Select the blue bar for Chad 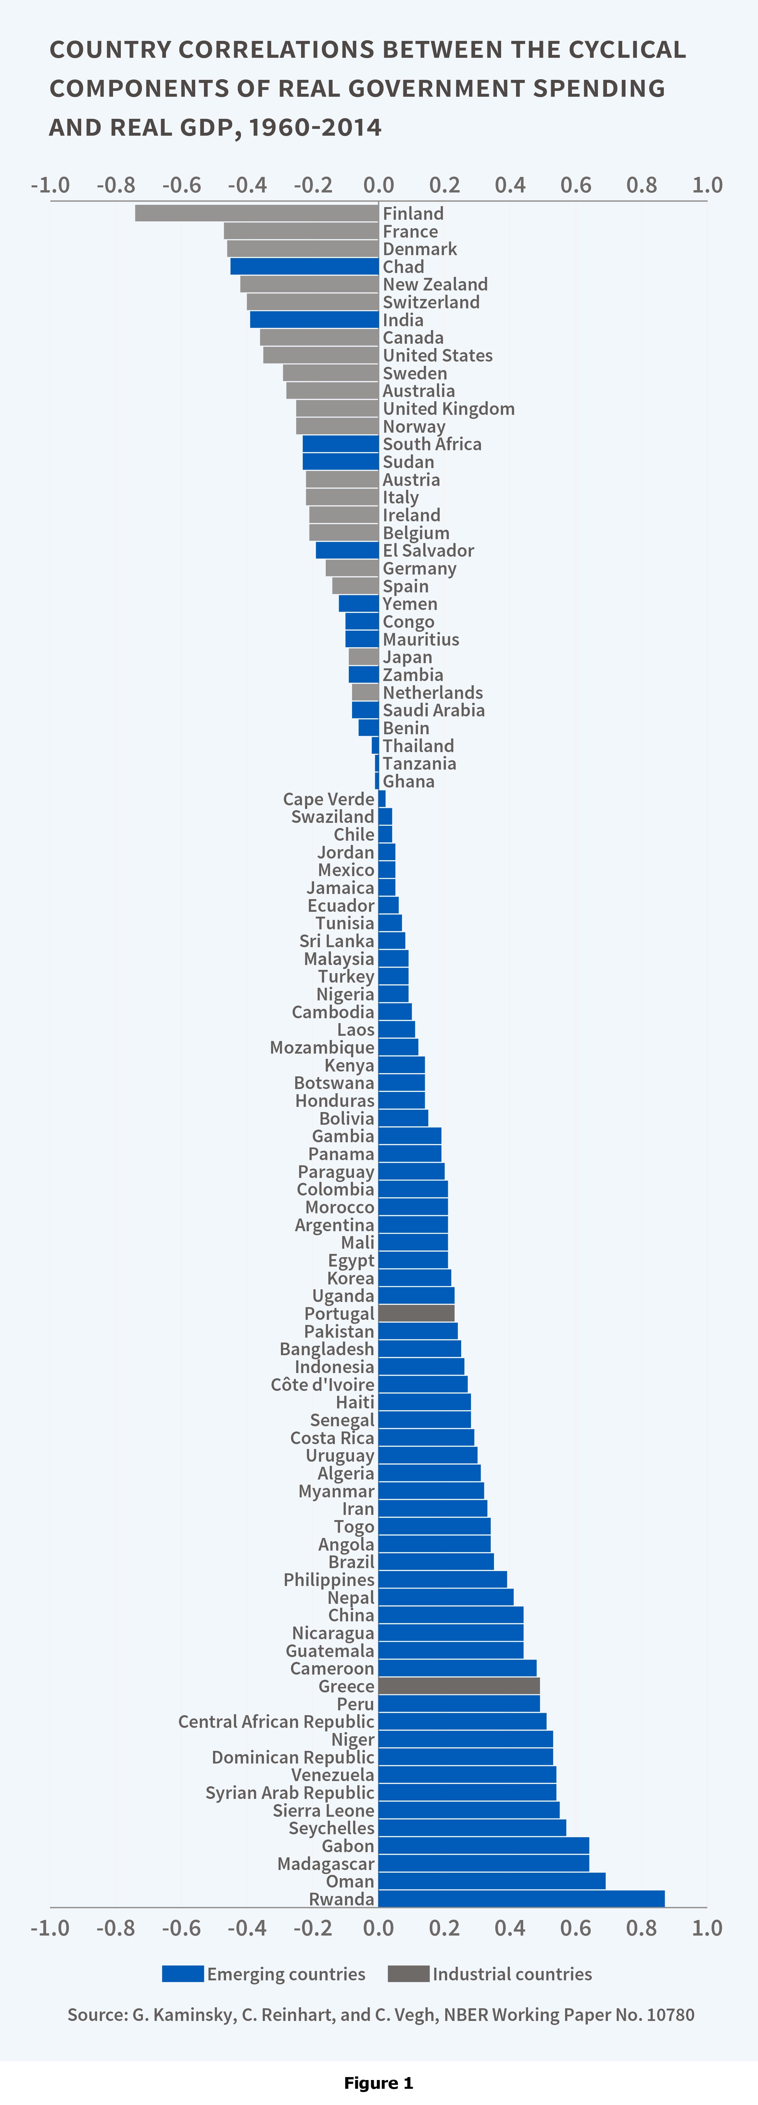pos(304,266)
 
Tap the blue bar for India pos(314,319)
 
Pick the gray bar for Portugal pos(416,1313)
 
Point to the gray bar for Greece pos(459,1686)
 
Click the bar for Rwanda pos(521,1898)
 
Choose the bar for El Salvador pos(347,550)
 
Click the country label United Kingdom pos(448,409)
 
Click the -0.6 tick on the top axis pos(182,185)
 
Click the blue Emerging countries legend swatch pos(182,1974)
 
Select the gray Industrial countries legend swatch pos(408,1974)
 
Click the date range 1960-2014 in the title pos(315,128)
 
